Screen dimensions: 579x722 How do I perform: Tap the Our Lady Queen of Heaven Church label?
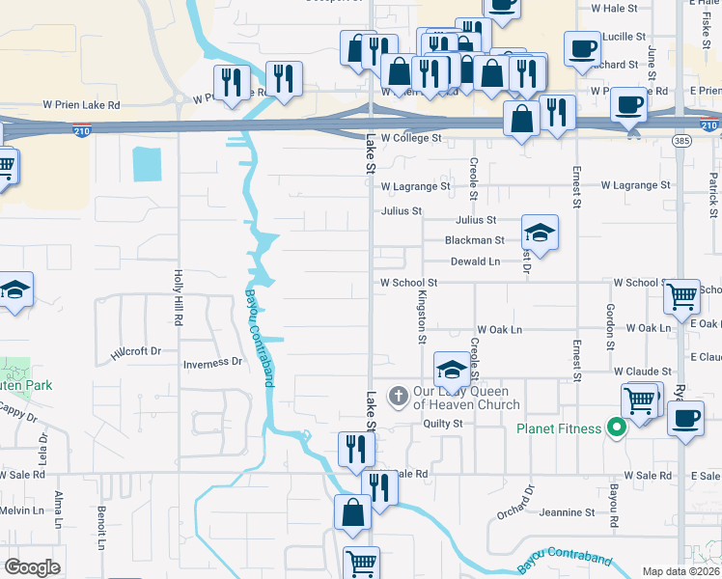click(467, 398)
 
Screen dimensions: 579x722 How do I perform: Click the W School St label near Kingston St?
click(409, 283)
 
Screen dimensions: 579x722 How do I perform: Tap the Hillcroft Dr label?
click(136, 352)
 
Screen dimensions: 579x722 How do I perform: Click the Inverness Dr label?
click(212, 363)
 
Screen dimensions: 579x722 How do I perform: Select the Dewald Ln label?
click(475, 262)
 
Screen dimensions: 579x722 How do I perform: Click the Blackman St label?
click(474, 240)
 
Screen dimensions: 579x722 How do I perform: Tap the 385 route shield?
click(681, 140)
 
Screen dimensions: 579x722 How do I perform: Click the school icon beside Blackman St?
click(540, 233)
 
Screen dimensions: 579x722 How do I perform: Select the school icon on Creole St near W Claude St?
click(452, 369)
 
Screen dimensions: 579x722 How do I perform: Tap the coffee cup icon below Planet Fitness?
click(686, 419)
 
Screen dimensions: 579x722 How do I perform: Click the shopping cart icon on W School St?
click(682, 296)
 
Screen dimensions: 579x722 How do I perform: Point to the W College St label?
click(410, 139)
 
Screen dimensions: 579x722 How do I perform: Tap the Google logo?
click(32, 567)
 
